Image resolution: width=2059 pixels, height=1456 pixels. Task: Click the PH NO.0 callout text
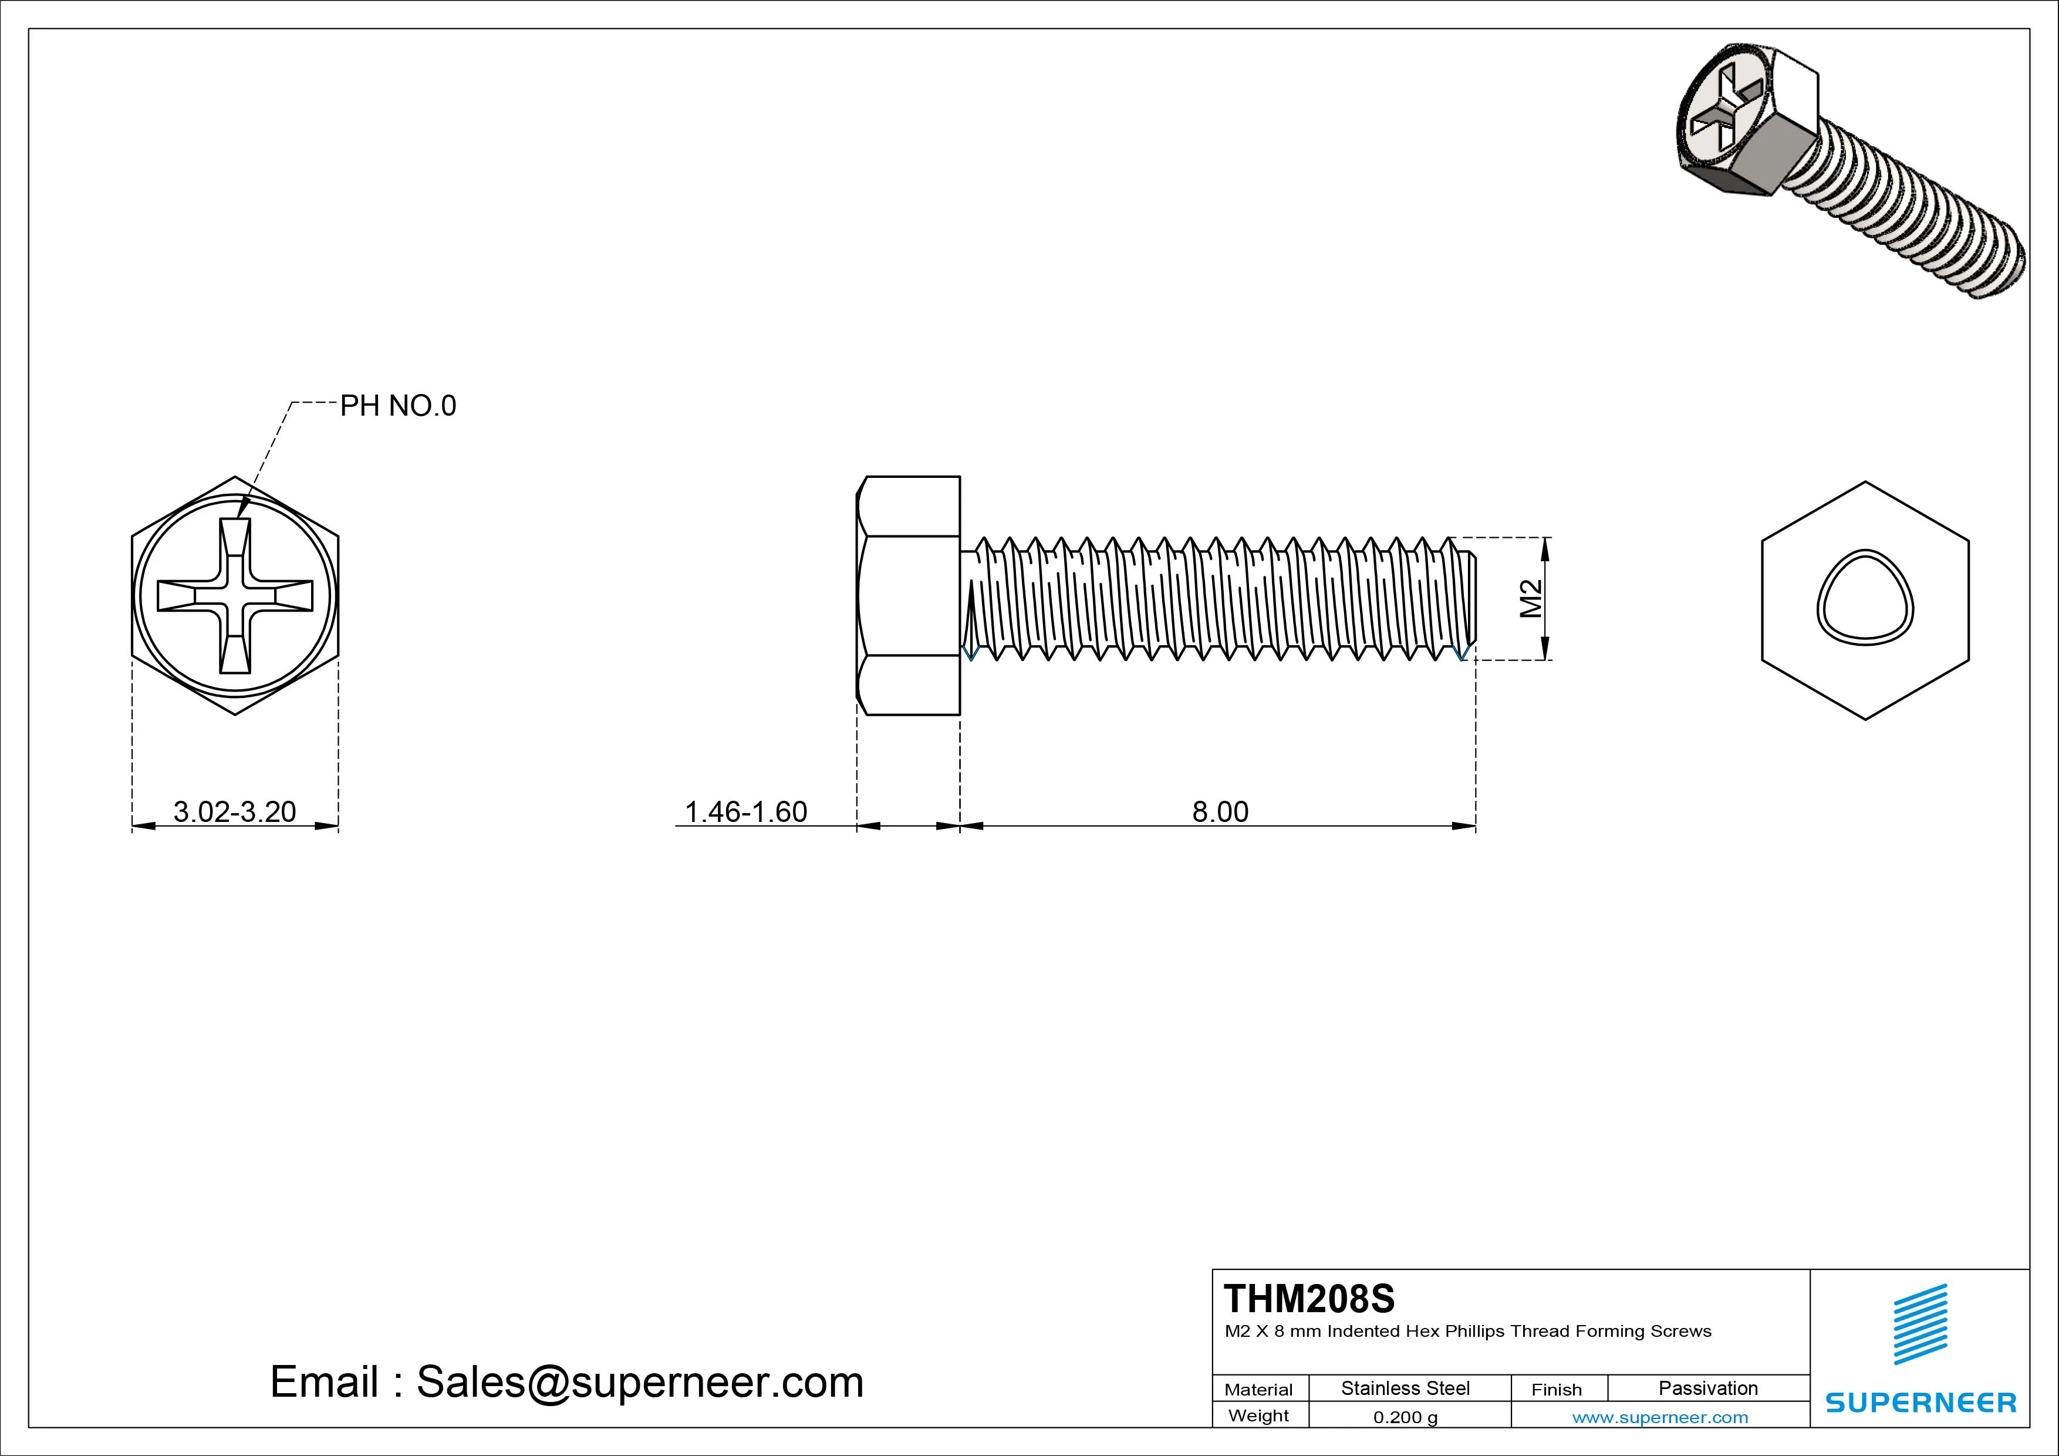(397, 406)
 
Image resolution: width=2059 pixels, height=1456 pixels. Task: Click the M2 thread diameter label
(1531, 598)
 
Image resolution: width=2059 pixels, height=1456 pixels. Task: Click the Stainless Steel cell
(1405, 1388)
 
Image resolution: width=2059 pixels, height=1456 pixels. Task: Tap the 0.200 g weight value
(1405, 1417)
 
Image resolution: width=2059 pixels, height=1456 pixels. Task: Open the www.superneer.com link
(1660, 1417)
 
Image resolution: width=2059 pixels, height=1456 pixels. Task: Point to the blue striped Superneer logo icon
(1920, 1324)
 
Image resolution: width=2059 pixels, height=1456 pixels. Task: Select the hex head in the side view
(909, 596)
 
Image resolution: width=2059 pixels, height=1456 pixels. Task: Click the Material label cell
(1258, 1390)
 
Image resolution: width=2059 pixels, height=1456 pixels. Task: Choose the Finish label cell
(1556, 1390)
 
